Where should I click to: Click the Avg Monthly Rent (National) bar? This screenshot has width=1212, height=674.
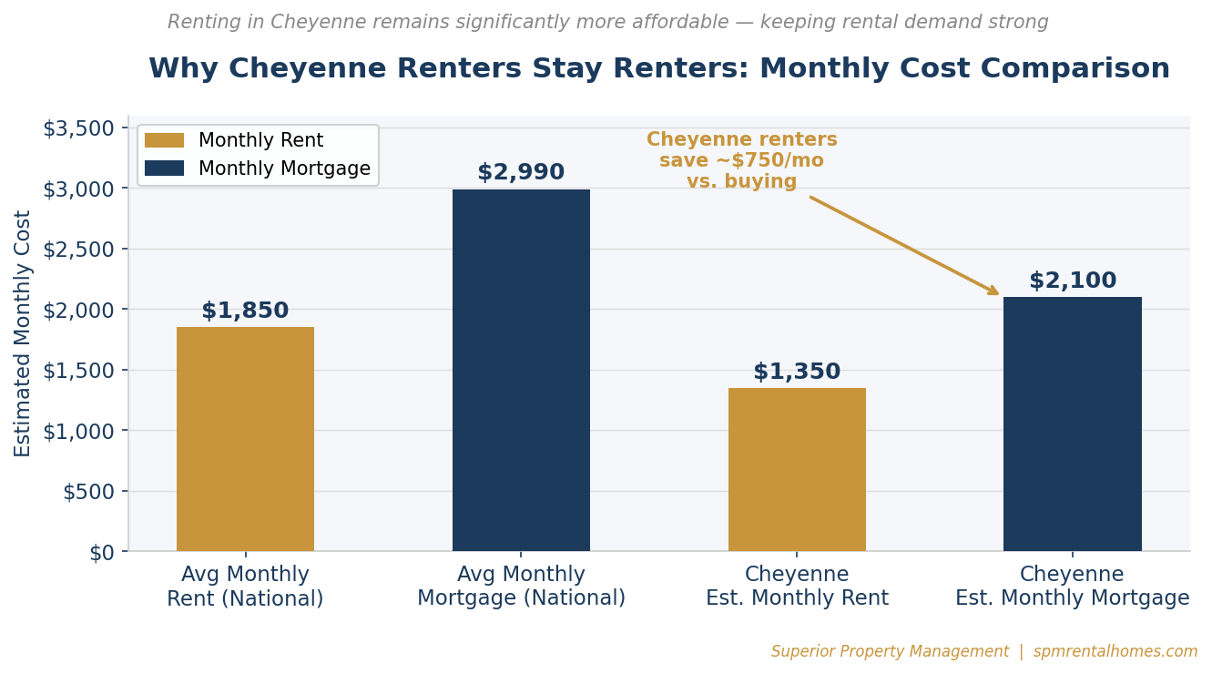(x=245, y=439)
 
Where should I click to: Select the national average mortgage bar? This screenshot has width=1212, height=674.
(x=521, y=370)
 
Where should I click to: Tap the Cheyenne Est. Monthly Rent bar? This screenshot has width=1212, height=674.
(x=797, y=469)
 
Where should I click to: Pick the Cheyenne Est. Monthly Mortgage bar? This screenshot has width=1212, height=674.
(x=1072, y=424)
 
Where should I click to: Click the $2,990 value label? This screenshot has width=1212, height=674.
(x=521, y=173)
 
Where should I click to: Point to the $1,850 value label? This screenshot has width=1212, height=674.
(x=245, y=311)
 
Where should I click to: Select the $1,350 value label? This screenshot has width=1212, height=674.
(x=797, y=373)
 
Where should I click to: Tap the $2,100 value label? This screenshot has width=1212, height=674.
(x=1072, y=281)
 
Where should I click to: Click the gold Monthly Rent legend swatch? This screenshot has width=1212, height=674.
(x=164, y=141)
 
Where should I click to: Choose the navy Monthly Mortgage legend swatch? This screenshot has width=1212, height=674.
(x=164, y=168)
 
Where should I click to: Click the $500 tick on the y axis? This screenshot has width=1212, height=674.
(x=88, y=492)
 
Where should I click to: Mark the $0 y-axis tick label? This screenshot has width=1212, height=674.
(x=101, y=553)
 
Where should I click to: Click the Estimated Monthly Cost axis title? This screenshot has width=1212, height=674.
(x=24, y=333)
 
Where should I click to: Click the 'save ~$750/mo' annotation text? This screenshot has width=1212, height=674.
(x=741, y=161)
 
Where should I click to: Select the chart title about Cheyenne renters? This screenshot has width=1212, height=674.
(x=658, y=69)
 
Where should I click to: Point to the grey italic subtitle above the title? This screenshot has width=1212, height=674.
(x=607, y=23)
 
